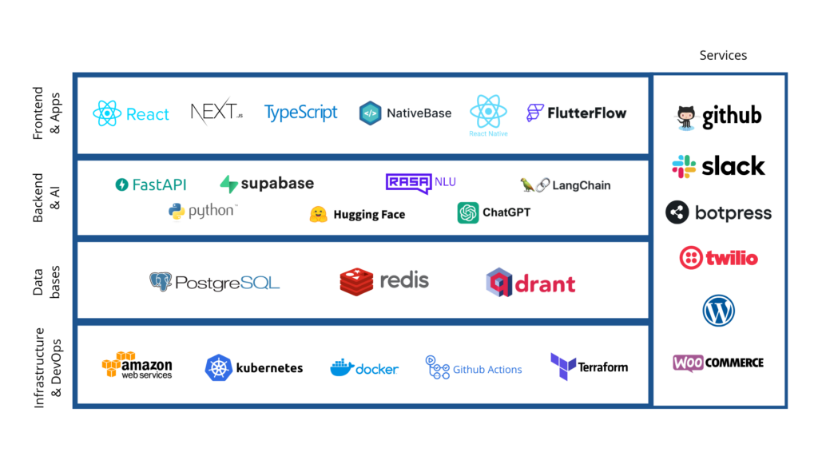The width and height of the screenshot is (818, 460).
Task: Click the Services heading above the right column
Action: coord(723,55)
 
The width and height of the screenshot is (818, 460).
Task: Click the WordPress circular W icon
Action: coord(718,311)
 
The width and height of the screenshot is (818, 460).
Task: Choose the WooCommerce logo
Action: coord(717,363)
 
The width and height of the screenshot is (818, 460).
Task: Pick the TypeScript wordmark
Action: coord(301,113)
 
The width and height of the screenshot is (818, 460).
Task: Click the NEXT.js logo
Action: coord(216,113)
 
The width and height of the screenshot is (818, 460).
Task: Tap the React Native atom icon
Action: coord(488,111)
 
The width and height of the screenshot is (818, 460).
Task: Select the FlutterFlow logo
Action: coord(576,113)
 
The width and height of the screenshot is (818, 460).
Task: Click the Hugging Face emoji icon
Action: coord(319,214)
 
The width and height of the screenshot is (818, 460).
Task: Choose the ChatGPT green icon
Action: coord(468,212)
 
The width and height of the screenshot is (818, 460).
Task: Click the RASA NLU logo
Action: coord(420,183)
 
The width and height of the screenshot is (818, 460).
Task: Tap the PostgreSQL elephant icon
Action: coord(161,282)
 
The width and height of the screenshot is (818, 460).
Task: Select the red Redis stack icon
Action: coord(356,281)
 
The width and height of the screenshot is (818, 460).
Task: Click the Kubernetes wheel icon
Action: coord(218,367)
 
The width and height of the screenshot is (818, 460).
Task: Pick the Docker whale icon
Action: coord(342,367)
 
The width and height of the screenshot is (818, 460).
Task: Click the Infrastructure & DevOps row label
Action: coord(46,363)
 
